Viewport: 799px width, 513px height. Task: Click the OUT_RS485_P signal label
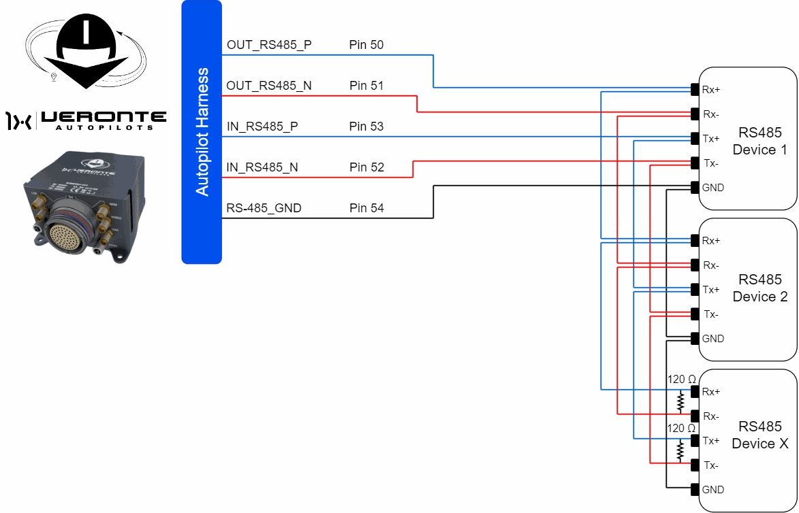(x=269, y=46)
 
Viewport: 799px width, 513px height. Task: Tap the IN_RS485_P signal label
(x=262, y=127)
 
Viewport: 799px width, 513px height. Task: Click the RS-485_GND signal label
(x=264, y=208)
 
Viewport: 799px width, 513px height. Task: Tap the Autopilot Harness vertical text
(x=202, y=132)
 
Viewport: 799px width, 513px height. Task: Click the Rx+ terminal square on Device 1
(x=695, y=89)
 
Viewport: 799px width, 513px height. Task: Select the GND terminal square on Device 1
(x=695, y=187)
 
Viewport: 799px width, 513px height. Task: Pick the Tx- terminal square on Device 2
(x=695, y=314)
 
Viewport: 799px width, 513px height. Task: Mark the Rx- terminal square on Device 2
(x=695, y=265)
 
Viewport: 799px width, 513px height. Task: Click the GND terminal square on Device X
(x=695, y=489)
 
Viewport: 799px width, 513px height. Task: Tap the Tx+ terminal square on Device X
(x=695, y=440)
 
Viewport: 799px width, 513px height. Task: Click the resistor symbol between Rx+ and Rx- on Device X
(x=680, y=402)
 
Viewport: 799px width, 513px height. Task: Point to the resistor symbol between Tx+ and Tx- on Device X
(x=680, y=451)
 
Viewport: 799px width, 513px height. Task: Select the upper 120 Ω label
(x=681, y=380)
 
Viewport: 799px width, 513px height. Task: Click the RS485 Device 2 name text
(x=760, y=288)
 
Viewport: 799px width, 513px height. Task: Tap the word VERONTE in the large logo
(x=103, y=118)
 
